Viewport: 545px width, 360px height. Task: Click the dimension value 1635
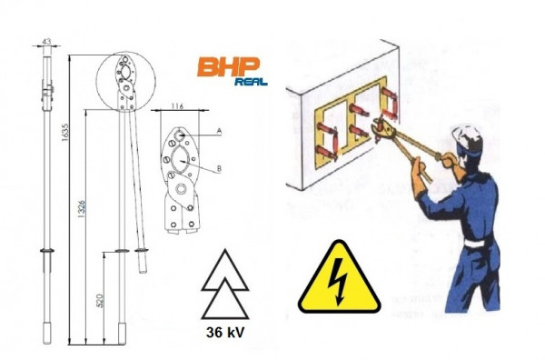(65, 132)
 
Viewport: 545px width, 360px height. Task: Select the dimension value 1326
(81, 209)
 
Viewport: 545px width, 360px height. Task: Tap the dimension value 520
(100, 301)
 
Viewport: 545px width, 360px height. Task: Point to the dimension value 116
(177, 106)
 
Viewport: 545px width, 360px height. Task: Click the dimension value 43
(46, 42)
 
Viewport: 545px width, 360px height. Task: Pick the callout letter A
(219, 131)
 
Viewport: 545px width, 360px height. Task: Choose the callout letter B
(219, 169)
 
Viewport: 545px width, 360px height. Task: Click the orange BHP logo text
(228, 66)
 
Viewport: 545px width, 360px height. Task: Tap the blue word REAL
(251, 82)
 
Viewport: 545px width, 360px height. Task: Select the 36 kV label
(225, 332)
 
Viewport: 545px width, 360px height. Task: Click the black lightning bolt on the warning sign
(339, 282)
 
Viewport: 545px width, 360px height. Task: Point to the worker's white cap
(468, 134)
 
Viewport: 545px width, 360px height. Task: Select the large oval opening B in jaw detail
(180, 160)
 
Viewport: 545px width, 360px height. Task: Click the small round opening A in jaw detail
(179, 135)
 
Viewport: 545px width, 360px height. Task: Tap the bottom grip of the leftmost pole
(47, 333)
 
